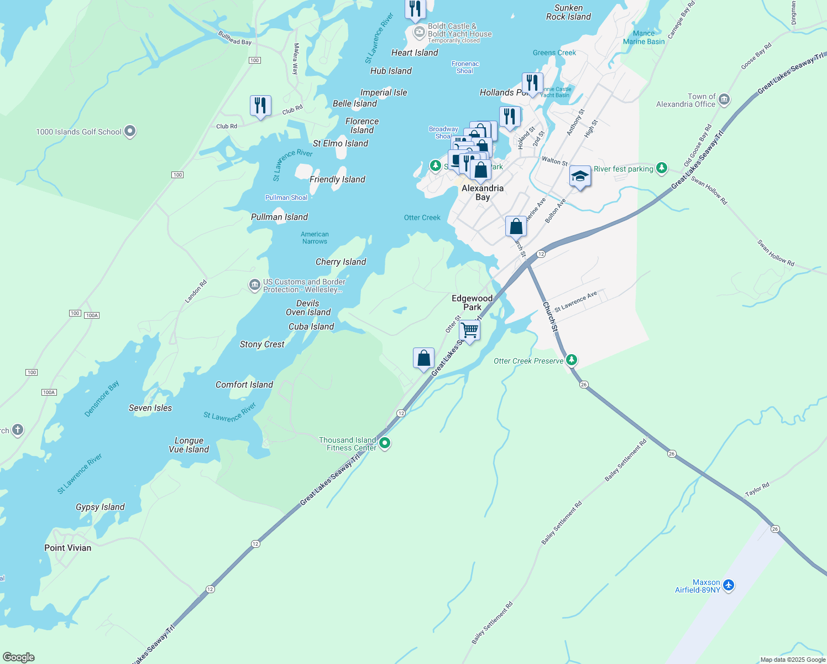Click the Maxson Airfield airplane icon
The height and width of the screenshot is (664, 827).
pyautogui.click(x=729, y=585)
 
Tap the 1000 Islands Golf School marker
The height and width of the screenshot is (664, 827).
pyautogui.click(x=130, y=132)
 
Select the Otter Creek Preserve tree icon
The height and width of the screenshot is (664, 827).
pyautogui.click(x=572, y=361)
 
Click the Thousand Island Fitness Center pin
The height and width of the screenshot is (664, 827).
pyautogui.click(x=385, y=443)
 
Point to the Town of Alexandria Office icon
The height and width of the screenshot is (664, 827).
pyautogui.click(x=725, y=100)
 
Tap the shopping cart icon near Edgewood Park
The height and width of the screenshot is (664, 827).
pyautogui.click(x=469, y=330)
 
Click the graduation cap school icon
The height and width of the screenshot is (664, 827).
pyautogui.click(x=579, y=177)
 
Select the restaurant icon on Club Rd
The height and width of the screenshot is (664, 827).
pyautogui.click(x=260, y=105)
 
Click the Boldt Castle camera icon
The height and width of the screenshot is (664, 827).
pyautogui.click(x=420, y=32)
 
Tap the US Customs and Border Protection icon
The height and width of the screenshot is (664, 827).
pyautogui.click(x=254, y=285)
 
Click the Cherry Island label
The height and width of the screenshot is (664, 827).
pyautogui.click(x=341, y=262)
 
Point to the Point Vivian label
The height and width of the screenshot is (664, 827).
pyautogui.click(x=67, y=548)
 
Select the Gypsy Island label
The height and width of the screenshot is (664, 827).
pyautogui.click(x=100, y=507)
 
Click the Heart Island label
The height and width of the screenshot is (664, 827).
pyautogui.click(x=415, y=53)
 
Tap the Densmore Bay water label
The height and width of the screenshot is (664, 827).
pyautogui.click(x=102, y=399)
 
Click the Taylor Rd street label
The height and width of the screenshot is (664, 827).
pyautogui.click(x=757, y=490)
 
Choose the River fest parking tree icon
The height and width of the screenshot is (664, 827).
pyautogui.click(x=662, y=168)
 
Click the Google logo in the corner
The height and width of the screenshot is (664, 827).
pyautogui.click(x=18, y=657)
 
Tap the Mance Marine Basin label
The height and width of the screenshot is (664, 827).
pyautogui.click(x=643, y=38)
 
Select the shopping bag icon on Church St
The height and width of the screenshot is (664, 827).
pyautogui.click(x=516, y=226)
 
